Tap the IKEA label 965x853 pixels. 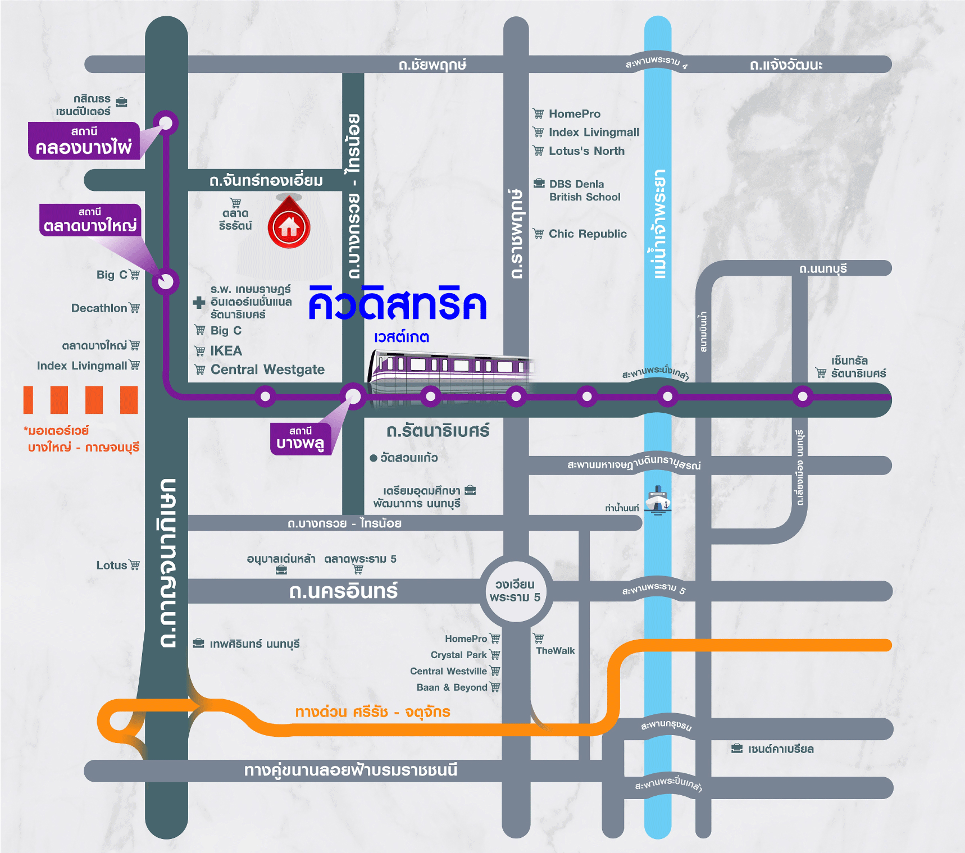coord(226,351)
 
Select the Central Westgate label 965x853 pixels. coord(267,370)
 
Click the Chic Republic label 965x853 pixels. coord(587,234)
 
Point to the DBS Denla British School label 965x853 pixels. coord(584,190)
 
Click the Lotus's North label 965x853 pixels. coord(586,151)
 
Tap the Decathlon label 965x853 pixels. coord(99,308)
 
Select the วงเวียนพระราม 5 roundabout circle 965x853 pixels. coord(515,590)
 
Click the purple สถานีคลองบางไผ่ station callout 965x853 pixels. coord(84,141)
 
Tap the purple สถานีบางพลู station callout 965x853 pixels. coord(301,439)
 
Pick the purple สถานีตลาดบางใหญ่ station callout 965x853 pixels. coord(90,220)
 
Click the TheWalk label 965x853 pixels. coord(555,651)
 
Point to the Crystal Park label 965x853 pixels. coord(458,655)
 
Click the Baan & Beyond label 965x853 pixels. coord(452,687)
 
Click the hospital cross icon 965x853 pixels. coord(199,302)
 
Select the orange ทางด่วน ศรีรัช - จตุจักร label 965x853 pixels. coord(372,712)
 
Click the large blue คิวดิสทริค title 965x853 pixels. coord(397,304)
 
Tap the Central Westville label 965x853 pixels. coord(448,671)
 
